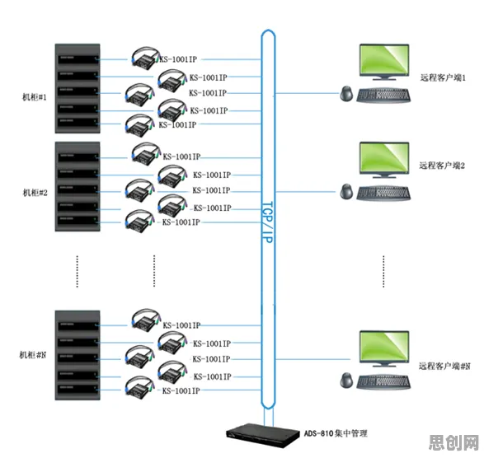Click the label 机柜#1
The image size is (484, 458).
35,97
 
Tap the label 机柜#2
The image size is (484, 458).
35,193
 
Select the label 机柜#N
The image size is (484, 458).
33,355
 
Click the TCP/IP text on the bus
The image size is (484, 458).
267,222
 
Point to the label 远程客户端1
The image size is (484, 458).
443,77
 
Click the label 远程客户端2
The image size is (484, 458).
442,166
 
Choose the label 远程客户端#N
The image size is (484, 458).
444,366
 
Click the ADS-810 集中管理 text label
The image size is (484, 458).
336,433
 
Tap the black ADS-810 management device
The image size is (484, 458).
263,435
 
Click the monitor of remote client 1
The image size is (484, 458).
384,62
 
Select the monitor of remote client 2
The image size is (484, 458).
384,160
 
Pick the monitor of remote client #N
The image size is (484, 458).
384,348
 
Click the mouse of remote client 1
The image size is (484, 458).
346,93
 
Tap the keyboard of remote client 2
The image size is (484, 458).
383,194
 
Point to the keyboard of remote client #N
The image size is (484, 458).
383,381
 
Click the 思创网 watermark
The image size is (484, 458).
453,443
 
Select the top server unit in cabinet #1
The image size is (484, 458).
78,59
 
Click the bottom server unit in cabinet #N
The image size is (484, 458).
78,389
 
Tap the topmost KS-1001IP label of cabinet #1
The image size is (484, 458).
178,59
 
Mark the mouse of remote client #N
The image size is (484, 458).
346,380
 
